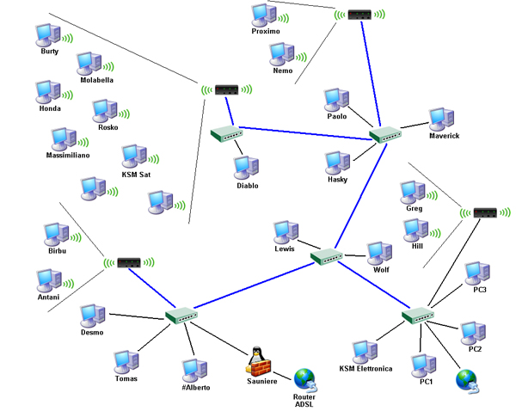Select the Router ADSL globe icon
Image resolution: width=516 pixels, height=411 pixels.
(305, 378)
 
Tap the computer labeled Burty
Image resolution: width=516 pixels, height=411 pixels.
(46, 34)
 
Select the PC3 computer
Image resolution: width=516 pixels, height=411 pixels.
(477, 273)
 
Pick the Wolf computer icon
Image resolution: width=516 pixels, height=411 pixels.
(379, 253)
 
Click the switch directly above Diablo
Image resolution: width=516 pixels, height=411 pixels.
(226, 133)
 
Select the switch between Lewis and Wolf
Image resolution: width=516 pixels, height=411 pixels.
(329, 255)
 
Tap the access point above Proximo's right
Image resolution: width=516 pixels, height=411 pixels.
(359, 15)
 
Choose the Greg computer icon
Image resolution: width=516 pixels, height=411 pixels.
(414, 192)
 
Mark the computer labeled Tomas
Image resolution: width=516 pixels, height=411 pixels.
(126, 361)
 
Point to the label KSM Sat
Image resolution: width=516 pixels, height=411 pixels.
(135, 175)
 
